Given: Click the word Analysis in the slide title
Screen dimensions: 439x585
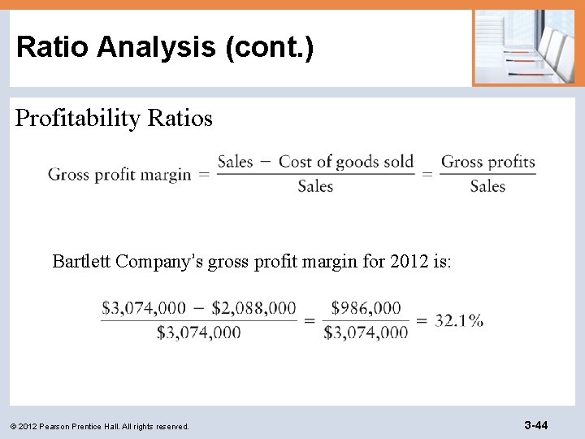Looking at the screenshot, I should [167, 47].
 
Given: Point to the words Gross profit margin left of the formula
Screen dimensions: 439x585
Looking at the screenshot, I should [119, 174].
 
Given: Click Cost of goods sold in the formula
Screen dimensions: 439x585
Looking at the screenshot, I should [346, 162].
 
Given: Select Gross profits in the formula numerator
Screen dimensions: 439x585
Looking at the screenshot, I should [488, 162].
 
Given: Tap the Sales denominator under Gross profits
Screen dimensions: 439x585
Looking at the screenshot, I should [487, 186].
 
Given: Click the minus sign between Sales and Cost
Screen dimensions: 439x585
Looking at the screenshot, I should [266, 162].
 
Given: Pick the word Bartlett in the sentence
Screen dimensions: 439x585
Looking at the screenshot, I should [82, 262].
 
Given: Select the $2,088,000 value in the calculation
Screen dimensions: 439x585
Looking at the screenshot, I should [253, 308].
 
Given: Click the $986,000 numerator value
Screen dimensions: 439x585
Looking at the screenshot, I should [366, 308].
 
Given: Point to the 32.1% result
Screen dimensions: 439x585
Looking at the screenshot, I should [459, 319].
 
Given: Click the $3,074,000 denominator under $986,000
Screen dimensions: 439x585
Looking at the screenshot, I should [366, 332].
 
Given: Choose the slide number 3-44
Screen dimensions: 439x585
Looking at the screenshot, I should [535, 425].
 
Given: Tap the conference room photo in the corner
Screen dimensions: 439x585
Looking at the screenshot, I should [523, 47].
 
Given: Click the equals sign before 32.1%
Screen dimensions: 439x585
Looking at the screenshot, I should [422, 320].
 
